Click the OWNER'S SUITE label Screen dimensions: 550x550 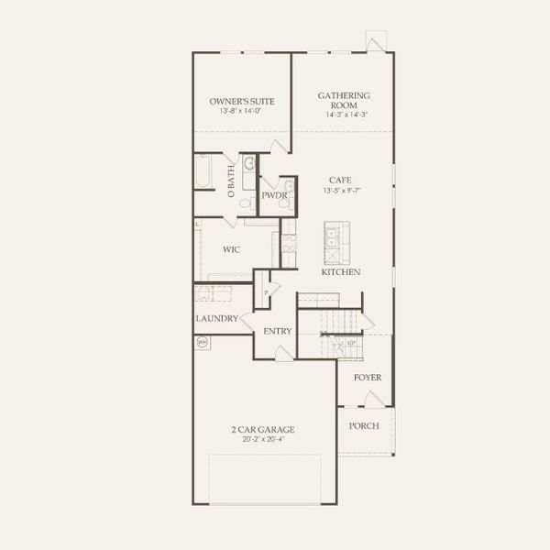coord(242,101)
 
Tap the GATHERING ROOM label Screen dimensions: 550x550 coord(344,100)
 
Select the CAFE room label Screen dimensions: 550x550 coord(341,181)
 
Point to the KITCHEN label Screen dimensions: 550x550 coord(340,272)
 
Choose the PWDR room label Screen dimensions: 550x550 coord(274,196)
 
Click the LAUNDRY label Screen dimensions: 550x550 coord(217,319)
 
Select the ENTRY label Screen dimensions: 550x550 coord(278,331)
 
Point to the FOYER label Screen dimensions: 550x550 coord(368,378)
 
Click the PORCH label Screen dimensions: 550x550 coord(364,426)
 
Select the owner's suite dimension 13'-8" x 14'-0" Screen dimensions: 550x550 coord(242,111)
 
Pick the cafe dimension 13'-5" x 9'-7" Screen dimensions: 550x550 coord(341,191)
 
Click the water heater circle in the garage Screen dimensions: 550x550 coord(203,342)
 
